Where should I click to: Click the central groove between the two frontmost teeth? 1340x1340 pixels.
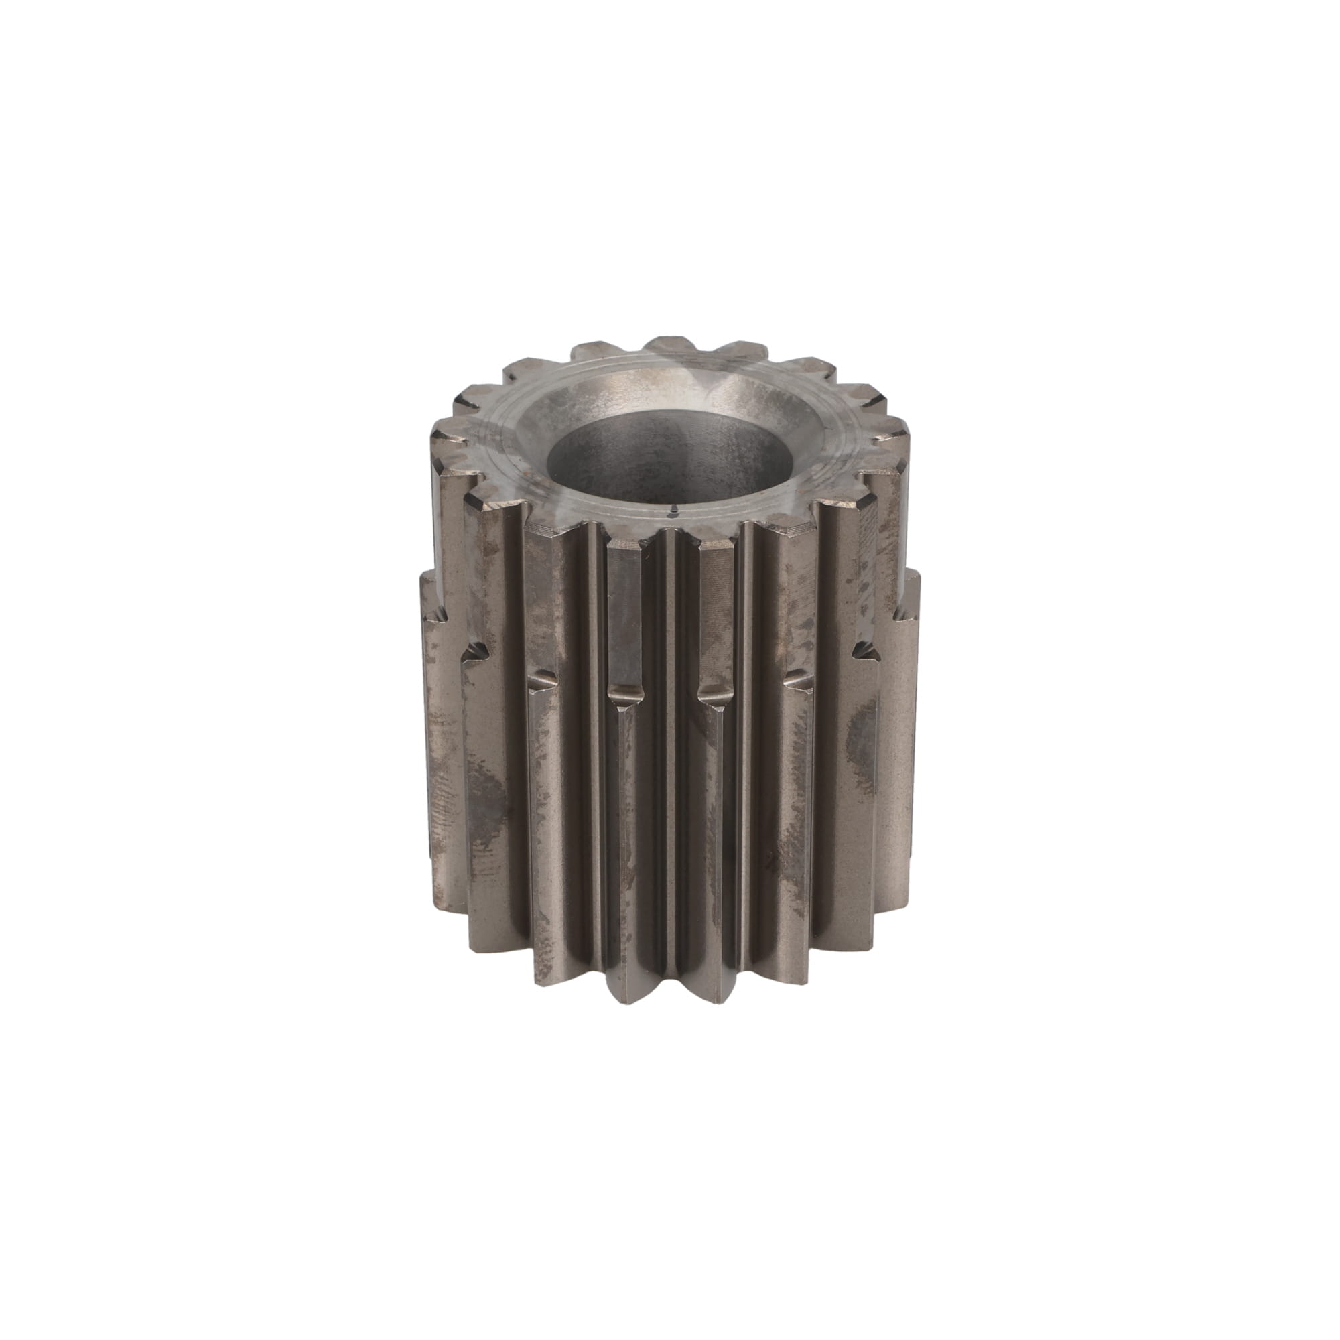click(669, 763)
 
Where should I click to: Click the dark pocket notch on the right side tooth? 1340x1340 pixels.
click(860, 649)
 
